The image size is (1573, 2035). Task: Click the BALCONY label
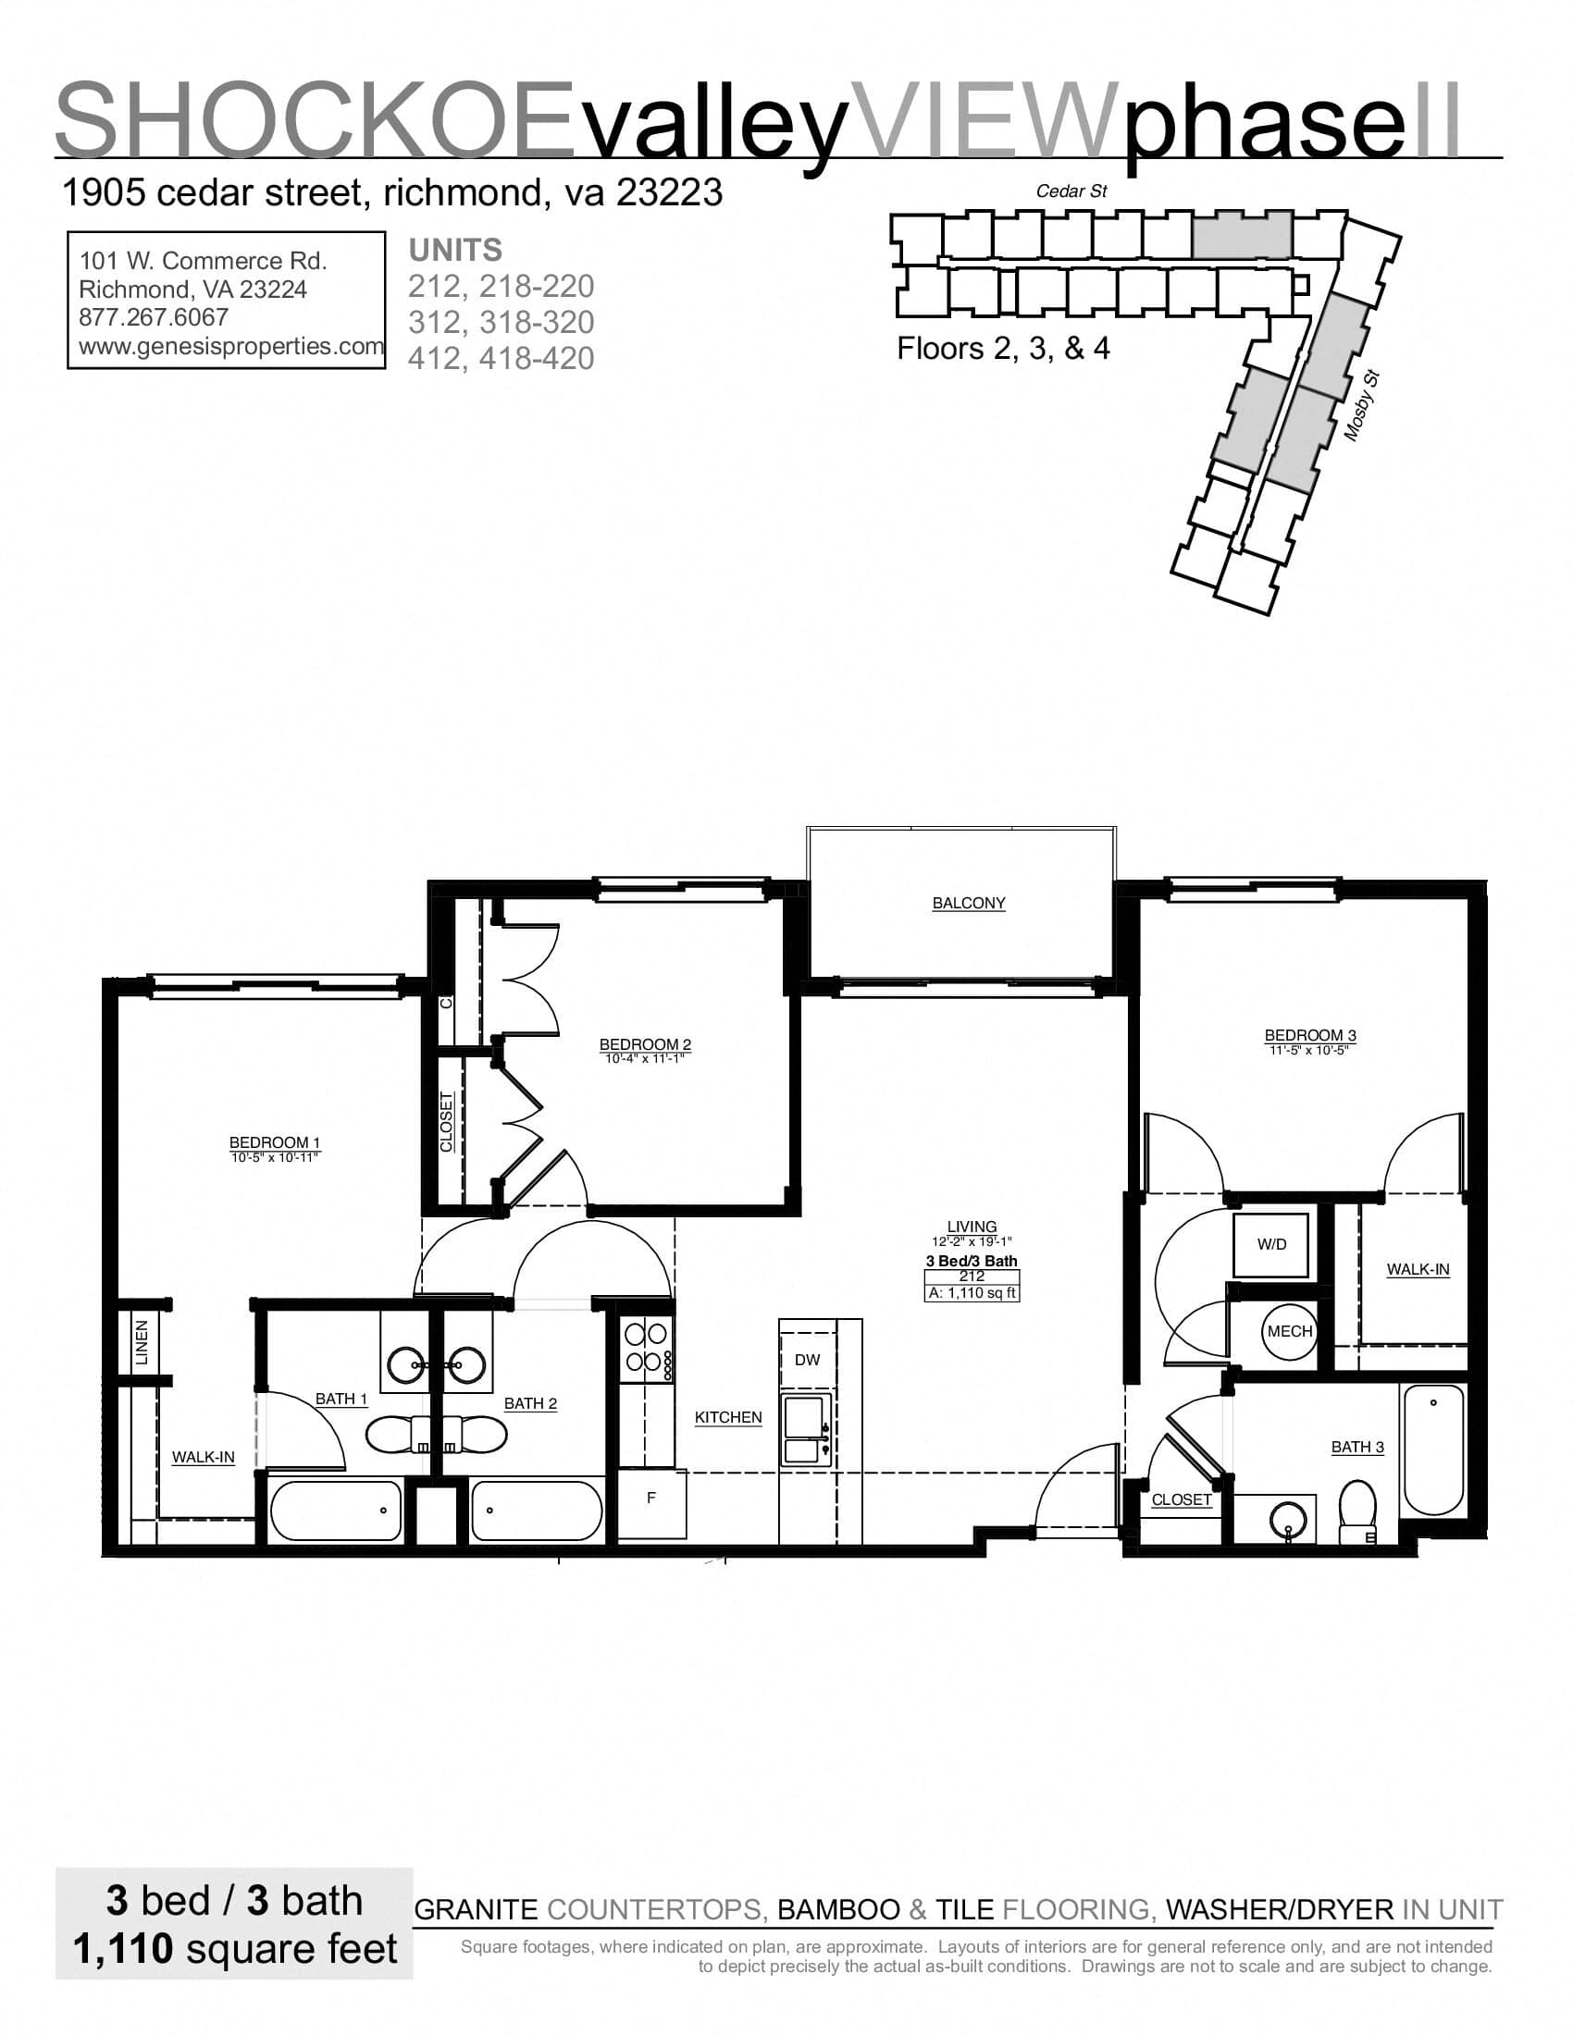coord(968,903)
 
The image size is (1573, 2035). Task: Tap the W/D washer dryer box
coord(1271,1244)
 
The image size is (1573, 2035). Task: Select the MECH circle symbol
coord(1290,1331)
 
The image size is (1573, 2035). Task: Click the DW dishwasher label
coord(807,1360)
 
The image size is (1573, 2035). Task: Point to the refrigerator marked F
coord(651,1498)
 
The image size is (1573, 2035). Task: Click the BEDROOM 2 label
coord(645,1044)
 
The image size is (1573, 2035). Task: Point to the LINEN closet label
coord(142,1343)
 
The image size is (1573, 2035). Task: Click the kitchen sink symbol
coord(806,1431)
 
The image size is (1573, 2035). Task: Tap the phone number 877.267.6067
coord(154,316)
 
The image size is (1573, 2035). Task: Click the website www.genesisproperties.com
coord(231,346)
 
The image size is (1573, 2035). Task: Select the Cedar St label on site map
coord(1071,191)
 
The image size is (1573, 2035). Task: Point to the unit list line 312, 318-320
coord(502,323)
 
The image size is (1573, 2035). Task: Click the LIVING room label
coord(971,1227)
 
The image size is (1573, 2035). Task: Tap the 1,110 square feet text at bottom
coord(235,1947)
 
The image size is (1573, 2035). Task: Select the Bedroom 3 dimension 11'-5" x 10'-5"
coord(1309,1050)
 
